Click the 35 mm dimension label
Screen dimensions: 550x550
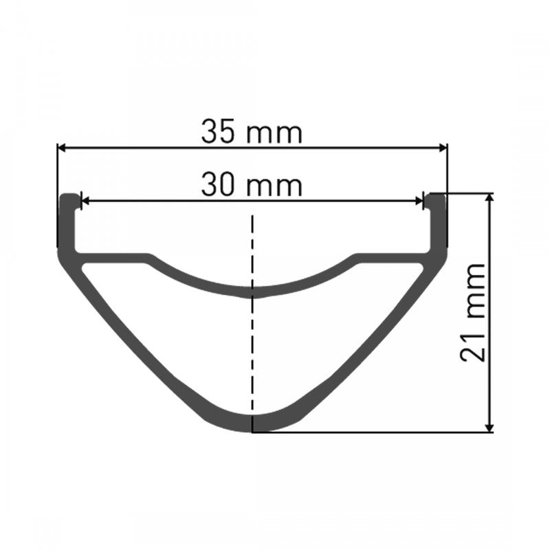tap(252, 132)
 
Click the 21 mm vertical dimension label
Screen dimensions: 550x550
tap(474, 312)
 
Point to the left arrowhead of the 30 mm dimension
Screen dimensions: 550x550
tap(86, 201)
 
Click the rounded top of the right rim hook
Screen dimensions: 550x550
tap(436, 197)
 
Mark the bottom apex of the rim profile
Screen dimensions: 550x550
tap(253, 424)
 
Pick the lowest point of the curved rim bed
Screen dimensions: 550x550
tap(253, 292)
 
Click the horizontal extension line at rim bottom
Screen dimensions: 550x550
tap(371, 432)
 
